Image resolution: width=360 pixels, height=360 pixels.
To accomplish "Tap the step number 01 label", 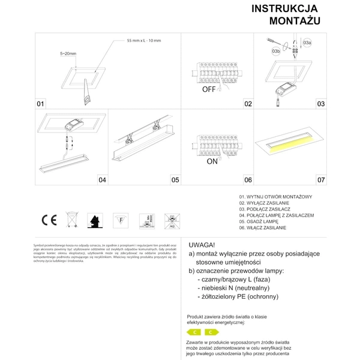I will click(x=41, y=104).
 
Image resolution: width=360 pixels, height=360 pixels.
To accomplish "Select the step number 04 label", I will click(x=102, y=179).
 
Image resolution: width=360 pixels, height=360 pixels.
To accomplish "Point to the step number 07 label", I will click(x=321, y=179).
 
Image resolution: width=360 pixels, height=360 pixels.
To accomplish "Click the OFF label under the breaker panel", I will click(x=208, y=89).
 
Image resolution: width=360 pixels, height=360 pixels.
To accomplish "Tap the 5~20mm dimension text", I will click(x=68, y=54).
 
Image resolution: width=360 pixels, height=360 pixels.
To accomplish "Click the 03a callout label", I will click(x=307, y=43).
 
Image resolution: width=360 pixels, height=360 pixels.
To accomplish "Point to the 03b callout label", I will click(x=277, y=53).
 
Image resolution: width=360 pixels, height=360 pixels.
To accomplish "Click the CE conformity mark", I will click(x=49, y=219).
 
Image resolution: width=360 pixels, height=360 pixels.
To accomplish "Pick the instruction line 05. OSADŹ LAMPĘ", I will click(x=263, y=221).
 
